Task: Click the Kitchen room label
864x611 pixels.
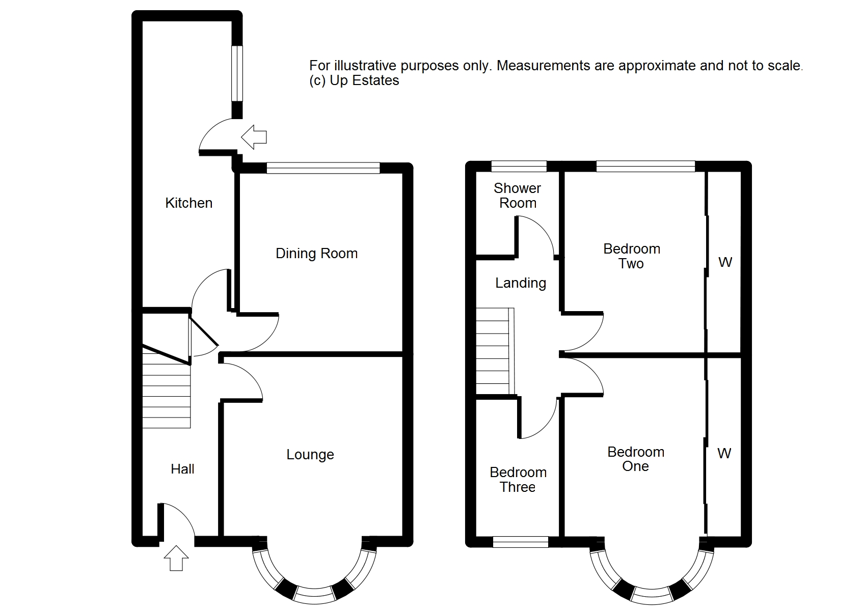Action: [188, 203]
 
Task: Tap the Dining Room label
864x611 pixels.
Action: [317, 254]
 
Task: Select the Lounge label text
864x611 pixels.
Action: [310, 455]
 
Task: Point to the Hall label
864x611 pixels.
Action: [182, 469]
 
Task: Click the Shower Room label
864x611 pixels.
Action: [518, 196]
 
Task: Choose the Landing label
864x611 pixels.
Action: [521, 283]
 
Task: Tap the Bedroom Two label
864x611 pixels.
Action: [632, 256]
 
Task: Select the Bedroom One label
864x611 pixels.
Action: [636, 459]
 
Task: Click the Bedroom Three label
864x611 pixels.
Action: [518, 479]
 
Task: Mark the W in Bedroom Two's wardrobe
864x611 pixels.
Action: [725, 262]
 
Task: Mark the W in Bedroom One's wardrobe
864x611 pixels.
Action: [724, 453]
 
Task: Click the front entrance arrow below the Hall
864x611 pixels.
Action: [176, 558]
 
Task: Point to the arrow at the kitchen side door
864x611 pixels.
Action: [254, 137]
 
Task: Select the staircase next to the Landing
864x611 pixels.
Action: [495, 351]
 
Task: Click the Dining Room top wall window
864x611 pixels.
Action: [323, 168]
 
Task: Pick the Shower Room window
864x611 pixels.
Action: [519, 166]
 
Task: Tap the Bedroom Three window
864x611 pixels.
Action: [521, 542]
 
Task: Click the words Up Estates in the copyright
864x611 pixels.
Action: [365, 81]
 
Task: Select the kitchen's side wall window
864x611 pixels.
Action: [237, 73]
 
